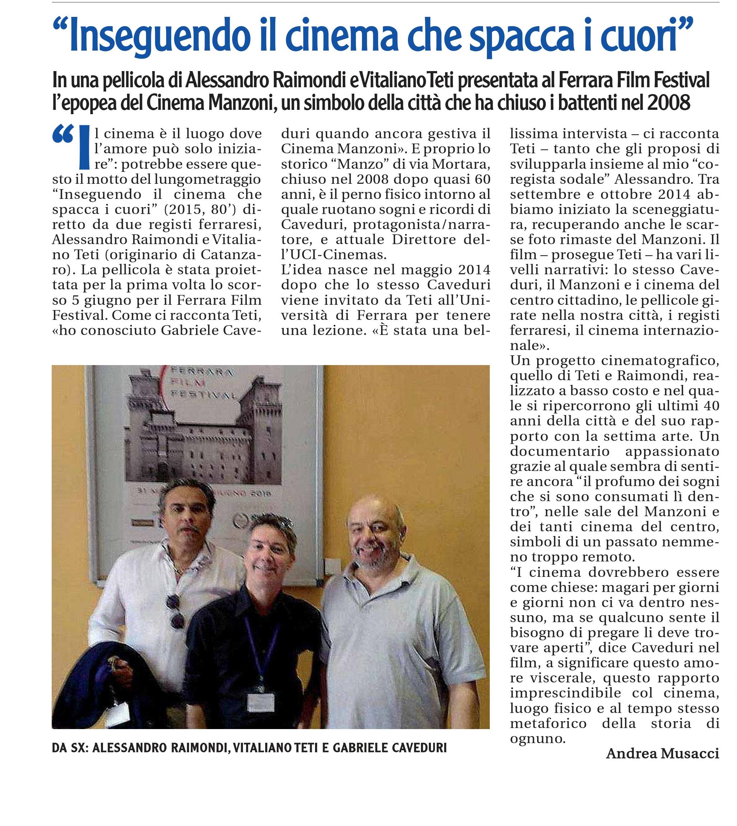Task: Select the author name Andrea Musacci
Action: tap(662, 753)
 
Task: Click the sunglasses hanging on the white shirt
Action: tap(176, 612)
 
